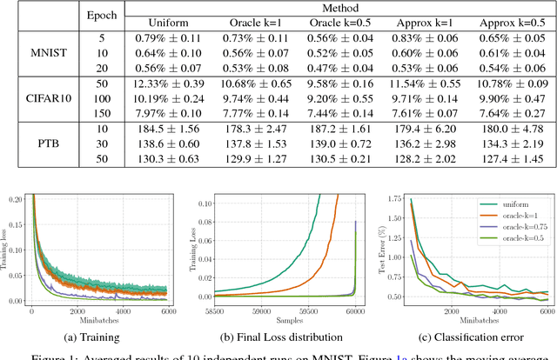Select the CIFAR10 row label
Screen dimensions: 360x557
(x=40, y=101)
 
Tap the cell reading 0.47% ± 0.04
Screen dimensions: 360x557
(x=327, y=69)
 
